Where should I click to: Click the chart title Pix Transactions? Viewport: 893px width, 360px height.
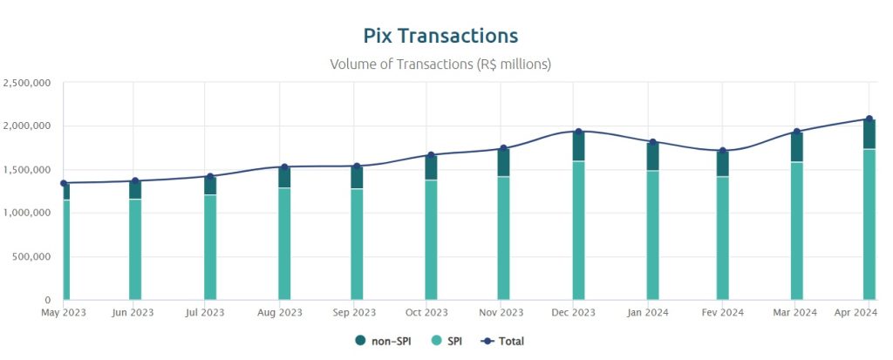[x=440, y=36]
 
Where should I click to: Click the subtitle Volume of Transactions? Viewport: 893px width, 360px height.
[x=440, y=64]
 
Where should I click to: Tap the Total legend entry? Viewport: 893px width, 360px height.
[x=505, y=341]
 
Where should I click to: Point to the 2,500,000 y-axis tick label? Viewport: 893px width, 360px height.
[x=27, y=83]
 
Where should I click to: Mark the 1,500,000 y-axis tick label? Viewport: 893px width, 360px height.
[x=27, y=170]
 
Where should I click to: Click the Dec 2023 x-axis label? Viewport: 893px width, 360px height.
[x=573, y=312]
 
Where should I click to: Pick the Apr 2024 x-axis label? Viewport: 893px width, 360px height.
[x=855, y=312]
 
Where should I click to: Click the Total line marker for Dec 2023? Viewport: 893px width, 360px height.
[x=579, y=132]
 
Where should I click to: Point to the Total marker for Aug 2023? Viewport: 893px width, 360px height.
[x=284, y=166]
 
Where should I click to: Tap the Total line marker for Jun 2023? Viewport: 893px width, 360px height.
[x=135, y=181]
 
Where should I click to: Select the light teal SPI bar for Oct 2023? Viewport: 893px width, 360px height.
[x=431, y=240]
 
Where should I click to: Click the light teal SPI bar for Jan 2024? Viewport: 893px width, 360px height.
[x=652, y=235]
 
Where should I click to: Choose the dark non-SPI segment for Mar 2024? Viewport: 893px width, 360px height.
[x=797, y=146]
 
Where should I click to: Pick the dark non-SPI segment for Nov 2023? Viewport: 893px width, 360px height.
[x=503, y=162]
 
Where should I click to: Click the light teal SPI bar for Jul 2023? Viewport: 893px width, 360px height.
[x=210, y=248]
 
